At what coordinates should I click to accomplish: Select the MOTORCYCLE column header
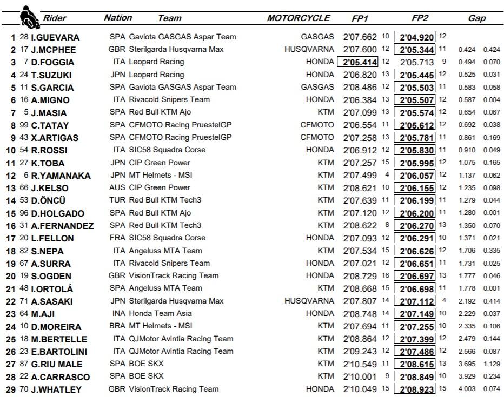(x=298, y=18)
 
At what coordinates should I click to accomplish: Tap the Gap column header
(x=476, y=18)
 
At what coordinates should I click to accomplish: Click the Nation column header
(x=118, y=18)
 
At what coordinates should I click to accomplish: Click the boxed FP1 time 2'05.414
(x=358, y=62)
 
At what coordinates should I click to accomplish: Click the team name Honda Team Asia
(x=158, y=314)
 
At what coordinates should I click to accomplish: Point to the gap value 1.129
(x=491, y=364)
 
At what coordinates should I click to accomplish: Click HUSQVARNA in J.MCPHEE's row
(x=309, y=50)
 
